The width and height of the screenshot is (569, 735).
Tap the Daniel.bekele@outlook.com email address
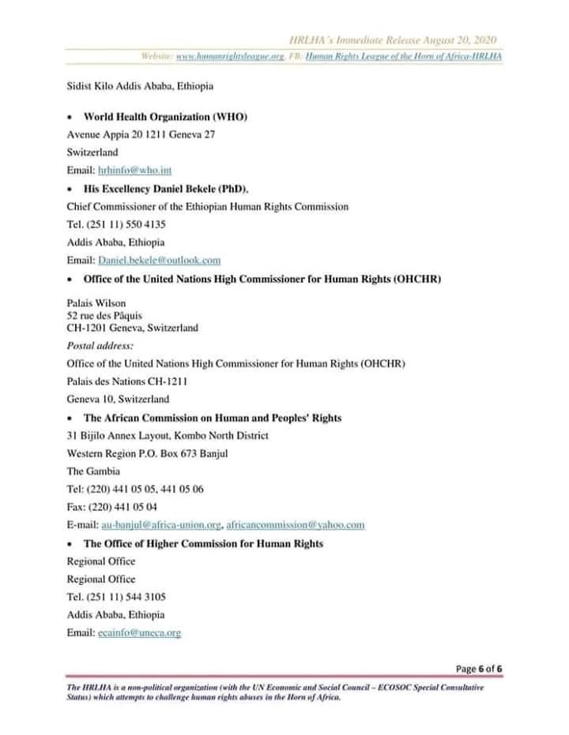coord(159,260)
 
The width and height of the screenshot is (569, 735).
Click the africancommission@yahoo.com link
coord(295,524)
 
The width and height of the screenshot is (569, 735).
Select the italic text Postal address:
coord(100,346)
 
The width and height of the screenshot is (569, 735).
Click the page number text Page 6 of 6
coord(480,669)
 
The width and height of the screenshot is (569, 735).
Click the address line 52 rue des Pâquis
coord(110,316)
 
